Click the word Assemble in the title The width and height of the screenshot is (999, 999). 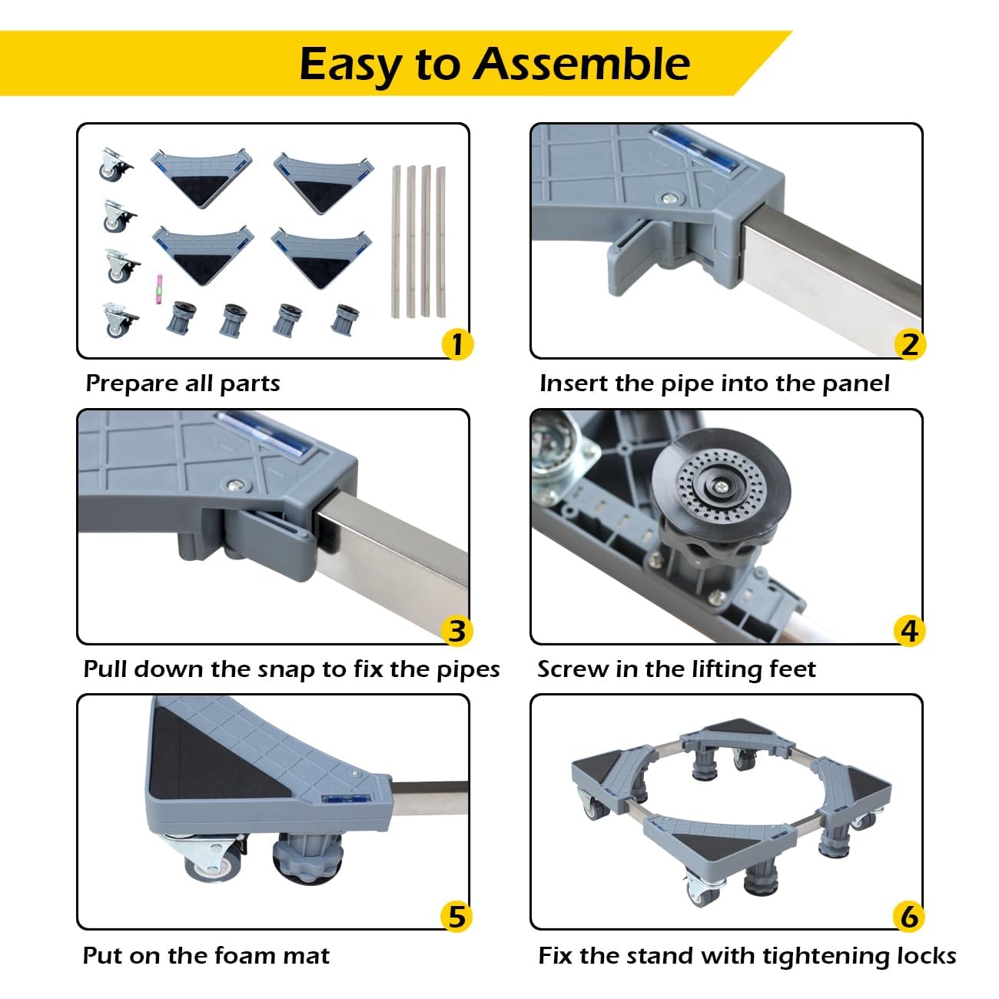581,63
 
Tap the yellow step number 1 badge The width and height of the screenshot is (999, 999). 457,344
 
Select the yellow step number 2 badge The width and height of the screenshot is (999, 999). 910,344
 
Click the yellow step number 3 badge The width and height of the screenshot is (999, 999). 457,630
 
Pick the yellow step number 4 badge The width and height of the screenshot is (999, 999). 910,630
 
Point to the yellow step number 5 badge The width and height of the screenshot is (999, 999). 457,916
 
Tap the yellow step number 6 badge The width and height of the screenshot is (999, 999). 910,916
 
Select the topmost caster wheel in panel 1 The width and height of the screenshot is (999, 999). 115,164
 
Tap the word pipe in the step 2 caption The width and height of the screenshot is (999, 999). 688,383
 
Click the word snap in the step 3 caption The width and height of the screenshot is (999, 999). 285,669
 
